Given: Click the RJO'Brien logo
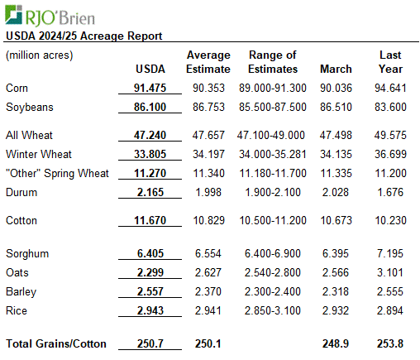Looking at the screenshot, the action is [50, 16].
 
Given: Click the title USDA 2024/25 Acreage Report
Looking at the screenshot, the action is [84, 36].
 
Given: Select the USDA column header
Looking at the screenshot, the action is [150, 69].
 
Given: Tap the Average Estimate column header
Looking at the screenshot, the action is [208, 62].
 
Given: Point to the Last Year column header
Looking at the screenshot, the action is [390, 62].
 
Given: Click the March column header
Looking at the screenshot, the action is [336, 69].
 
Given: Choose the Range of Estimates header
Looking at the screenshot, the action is [273, 62].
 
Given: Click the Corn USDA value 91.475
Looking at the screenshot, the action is [150, 88].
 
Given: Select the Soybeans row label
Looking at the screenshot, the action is [30, 107].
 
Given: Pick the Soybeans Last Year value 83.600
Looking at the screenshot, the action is [390, 107].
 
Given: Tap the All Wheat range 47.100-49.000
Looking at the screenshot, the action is [271, 135].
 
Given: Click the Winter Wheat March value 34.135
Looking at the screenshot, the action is [336, 154].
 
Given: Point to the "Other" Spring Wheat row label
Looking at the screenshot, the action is [57, 174].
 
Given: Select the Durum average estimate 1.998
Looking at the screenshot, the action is [208, 192].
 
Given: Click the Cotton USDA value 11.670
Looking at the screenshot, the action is [150, 220].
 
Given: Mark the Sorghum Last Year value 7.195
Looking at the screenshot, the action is [390, 253].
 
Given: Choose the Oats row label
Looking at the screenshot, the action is [17, 272].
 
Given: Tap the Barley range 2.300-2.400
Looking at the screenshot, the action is [273, 291].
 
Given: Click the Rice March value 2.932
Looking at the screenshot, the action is [336, 310].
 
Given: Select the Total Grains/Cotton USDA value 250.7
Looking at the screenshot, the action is [150, 343].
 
